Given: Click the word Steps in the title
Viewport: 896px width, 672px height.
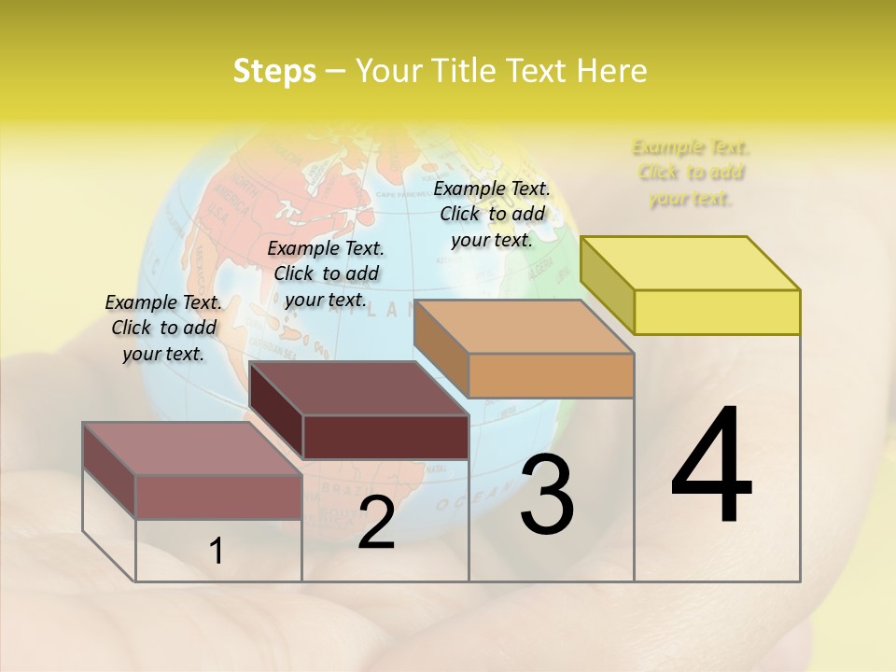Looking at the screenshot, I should pyautogui.click(x=274, y=71).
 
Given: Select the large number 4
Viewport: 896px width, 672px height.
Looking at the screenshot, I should pyautogui.click(x=711, y=467).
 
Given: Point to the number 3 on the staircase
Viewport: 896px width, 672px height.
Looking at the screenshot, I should pyautogui.click(x=547, y=495).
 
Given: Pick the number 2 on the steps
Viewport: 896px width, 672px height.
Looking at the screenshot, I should pyautogui.click(x=376, y=523).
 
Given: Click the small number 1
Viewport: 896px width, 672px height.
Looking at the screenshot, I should pyautogui.click(x=217, y=551).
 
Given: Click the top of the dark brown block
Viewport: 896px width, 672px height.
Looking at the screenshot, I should pyautogui.click(x=359, y=388).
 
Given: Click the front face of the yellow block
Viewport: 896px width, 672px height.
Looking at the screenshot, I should pyautogui.click(x=717, y=312).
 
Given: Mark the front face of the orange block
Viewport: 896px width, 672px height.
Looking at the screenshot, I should pyautogui.click(x=551, y=375).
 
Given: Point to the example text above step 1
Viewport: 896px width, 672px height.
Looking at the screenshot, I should pyautogui.click(x=163, y=328).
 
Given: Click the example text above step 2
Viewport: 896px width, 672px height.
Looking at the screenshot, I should pyautogui.click(x=326, y=273).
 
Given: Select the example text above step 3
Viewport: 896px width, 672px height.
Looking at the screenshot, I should pyautogui.click(x=492, y=214).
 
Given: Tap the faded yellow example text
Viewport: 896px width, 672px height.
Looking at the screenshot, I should pyautogui.click(x=691, y=173).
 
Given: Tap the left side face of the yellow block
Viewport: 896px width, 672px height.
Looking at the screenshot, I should pyautogui.click(x=608, y=285).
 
